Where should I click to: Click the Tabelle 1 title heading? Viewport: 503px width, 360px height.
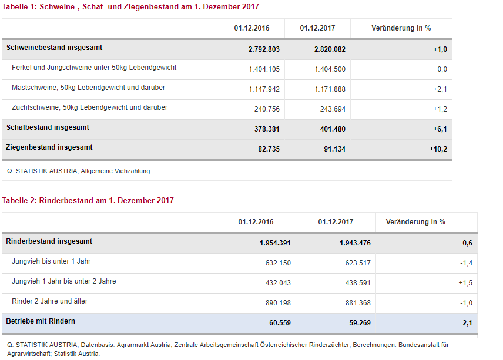130,6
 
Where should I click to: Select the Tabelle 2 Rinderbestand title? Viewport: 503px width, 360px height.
88,200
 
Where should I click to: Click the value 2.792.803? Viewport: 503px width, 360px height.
264,49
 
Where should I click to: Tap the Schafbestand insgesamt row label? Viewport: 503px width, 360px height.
48,127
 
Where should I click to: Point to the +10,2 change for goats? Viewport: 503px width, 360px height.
438,149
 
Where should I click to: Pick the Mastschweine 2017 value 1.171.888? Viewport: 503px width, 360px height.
330,89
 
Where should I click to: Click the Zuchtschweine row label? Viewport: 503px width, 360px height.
89,107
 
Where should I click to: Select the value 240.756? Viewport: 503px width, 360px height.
267,109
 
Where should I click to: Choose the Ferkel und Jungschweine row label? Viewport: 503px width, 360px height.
94,68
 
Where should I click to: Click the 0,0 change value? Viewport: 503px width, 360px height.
442,69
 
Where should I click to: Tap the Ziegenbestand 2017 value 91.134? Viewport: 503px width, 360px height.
334,149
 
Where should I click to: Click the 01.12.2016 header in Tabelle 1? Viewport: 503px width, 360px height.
252,28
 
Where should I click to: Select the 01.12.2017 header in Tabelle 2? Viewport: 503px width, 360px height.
336,222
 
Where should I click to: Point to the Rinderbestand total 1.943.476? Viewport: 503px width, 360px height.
355,243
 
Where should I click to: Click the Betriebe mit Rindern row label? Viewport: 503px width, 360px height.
41,321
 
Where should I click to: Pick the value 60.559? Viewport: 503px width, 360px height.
280,323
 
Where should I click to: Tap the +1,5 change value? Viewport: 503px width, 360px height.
465,283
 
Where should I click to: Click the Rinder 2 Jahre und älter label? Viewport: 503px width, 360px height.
50,301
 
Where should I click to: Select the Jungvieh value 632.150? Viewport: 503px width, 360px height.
278,263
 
